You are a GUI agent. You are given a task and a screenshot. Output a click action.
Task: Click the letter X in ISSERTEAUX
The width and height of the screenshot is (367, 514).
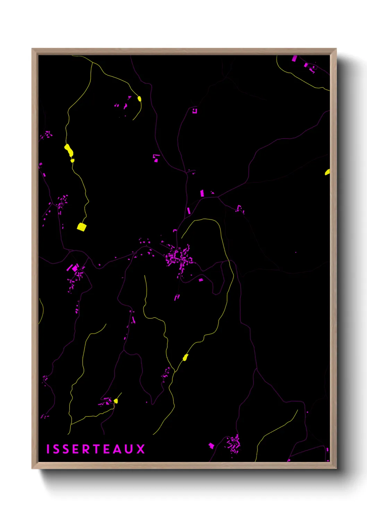140,449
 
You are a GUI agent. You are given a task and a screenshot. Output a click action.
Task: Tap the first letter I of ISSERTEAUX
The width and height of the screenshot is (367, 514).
48,449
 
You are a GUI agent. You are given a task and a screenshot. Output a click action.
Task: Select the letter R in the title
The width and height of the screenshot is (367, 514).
86,449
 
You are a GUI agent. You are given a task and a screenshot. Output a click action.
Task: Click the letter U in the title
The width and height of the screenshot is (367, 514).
129,449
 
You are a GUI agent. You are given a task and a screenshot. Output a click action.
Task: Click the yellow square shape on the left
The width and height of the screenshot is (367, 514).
82,227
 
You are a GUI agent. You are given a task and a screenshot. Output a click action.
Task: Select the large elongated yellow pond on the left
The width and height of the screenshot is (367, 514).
69,150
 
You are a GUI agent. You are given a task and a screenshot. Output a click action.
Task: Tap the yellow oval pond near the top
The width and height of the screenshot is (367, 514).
139,99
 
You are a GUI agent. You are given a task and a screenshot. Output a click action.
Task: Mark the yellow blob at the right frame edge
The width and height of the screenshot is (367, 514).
327,172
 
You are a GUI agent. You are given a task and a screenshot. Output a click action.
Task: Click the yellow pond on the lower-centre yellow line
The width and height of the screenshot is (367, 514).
185,357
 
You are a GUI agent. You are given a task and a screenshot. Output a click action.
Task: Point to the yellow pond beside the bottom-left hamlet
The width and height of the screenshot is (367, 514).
116,401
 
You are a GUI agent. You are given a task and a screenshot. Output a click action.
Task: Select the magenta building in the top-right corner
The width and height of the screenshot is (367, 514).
295,58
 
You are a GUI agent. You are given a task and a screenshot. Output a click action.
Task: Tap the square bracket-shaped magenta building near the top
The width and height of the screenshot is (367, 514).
195,111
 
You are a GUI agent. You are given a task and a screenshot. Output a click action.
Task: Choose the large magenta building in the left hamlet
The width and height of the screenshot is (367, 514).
75,268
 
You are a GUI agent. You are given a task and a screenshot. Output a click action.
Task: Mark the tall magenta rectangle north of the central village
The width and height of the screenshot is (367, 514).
202,193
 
